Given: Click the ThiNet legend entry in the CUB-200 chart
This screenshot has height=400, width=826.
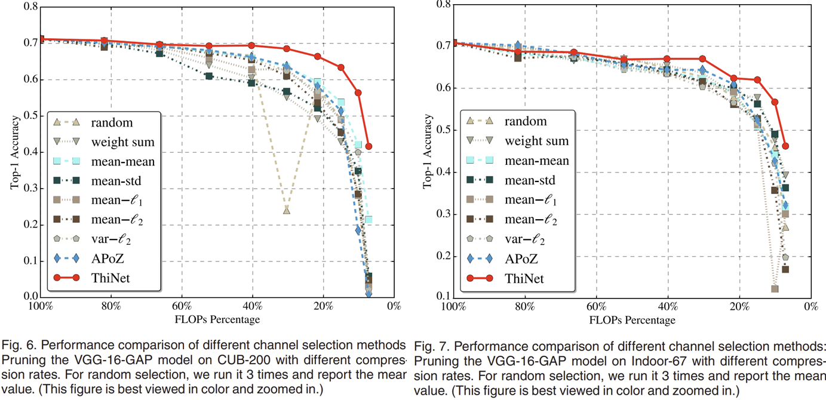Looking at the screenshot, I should tap(111, 279).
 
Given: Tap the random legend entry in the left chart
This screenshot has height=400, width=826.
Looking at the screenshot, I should tap(111, 122).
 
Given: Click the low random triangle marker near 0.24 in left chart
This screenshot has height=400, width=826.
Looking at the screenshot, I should tap(287, 210).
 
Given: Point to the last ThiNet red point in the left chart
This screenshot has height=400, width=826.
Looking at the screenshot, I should tap(369, 146).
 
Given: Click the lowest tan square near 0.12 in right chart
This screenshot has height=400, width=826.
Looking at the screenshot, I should tap(775, 289).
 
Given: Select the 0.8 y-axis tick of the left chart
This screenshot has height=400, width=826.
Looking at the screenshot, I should tap(28, 7).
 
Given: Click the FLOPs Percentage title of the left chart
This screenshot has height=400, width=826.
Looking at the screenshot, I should tap(217, 319).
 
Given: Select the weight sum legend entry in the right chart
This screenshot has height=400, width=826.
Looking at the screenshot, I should tap(536, 141).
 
